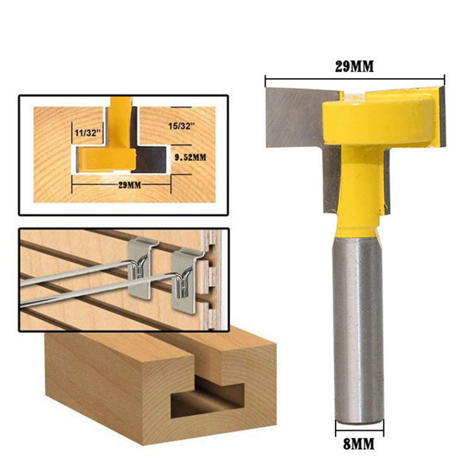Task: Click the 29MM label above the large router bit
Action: [354, 67]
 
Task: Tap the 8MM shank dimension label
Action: [359, 444]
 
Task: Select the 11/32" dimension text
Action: [87, 133]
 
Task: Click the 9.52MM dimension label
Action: [191, 157]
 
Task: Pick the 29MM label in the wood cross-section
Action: [130, 185]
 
